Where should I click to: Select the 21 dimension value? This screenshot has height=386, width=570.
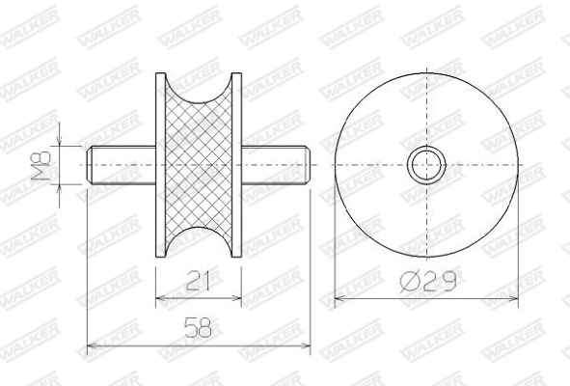click(x=199, y=281)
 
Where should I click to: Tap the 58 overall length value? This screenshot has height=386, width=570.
click(x=199, y=330)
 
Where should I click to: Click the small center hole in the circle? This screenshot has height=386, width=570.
click(x=424, y=165)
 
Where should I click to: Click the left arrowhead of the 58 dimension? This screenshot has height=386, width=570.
click(x=92, y=345)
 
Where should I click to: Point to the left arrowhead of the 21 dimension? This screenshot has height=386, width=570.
click(x=160, y=296)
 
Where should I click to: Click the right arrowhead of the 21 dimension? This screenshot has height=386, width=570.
click(x=237, y=296)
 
